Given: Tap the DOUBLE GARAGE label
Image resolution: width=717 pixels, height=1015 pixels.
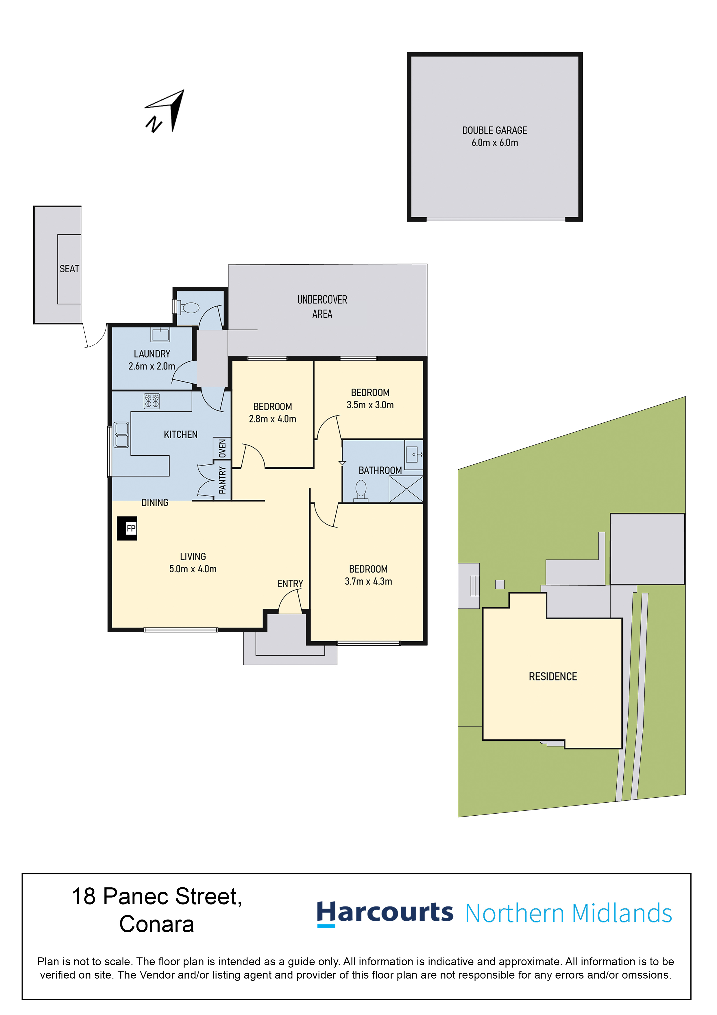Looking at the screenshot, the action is [495, 130].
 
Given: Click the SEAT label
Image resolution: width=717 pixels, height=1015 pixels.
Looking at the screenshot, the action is [69, 269].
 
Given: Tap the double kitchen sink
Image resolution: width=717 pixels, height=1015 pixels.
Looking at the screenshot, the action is [121, 435].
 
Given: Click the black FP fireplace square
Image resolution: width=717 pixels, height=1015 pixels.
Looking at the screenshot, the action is [127, 528].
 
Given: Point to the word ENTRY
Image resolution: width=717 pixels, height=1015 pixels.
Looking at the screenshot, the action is [290, 584].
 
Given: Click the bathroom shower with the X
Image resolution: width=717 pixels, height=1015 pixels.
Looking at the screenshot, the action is [406, 489].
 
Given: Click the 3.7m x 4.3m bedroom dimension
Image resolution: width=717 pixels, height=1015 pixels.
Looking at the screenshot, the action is [368, 581].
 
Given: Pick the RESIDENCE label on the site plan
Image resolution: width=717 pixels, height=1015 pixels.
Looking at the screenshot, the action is [553, 676].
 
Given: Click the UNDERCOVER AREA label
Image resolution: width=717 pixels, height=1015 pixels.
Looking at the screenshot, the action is [322, 307].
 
